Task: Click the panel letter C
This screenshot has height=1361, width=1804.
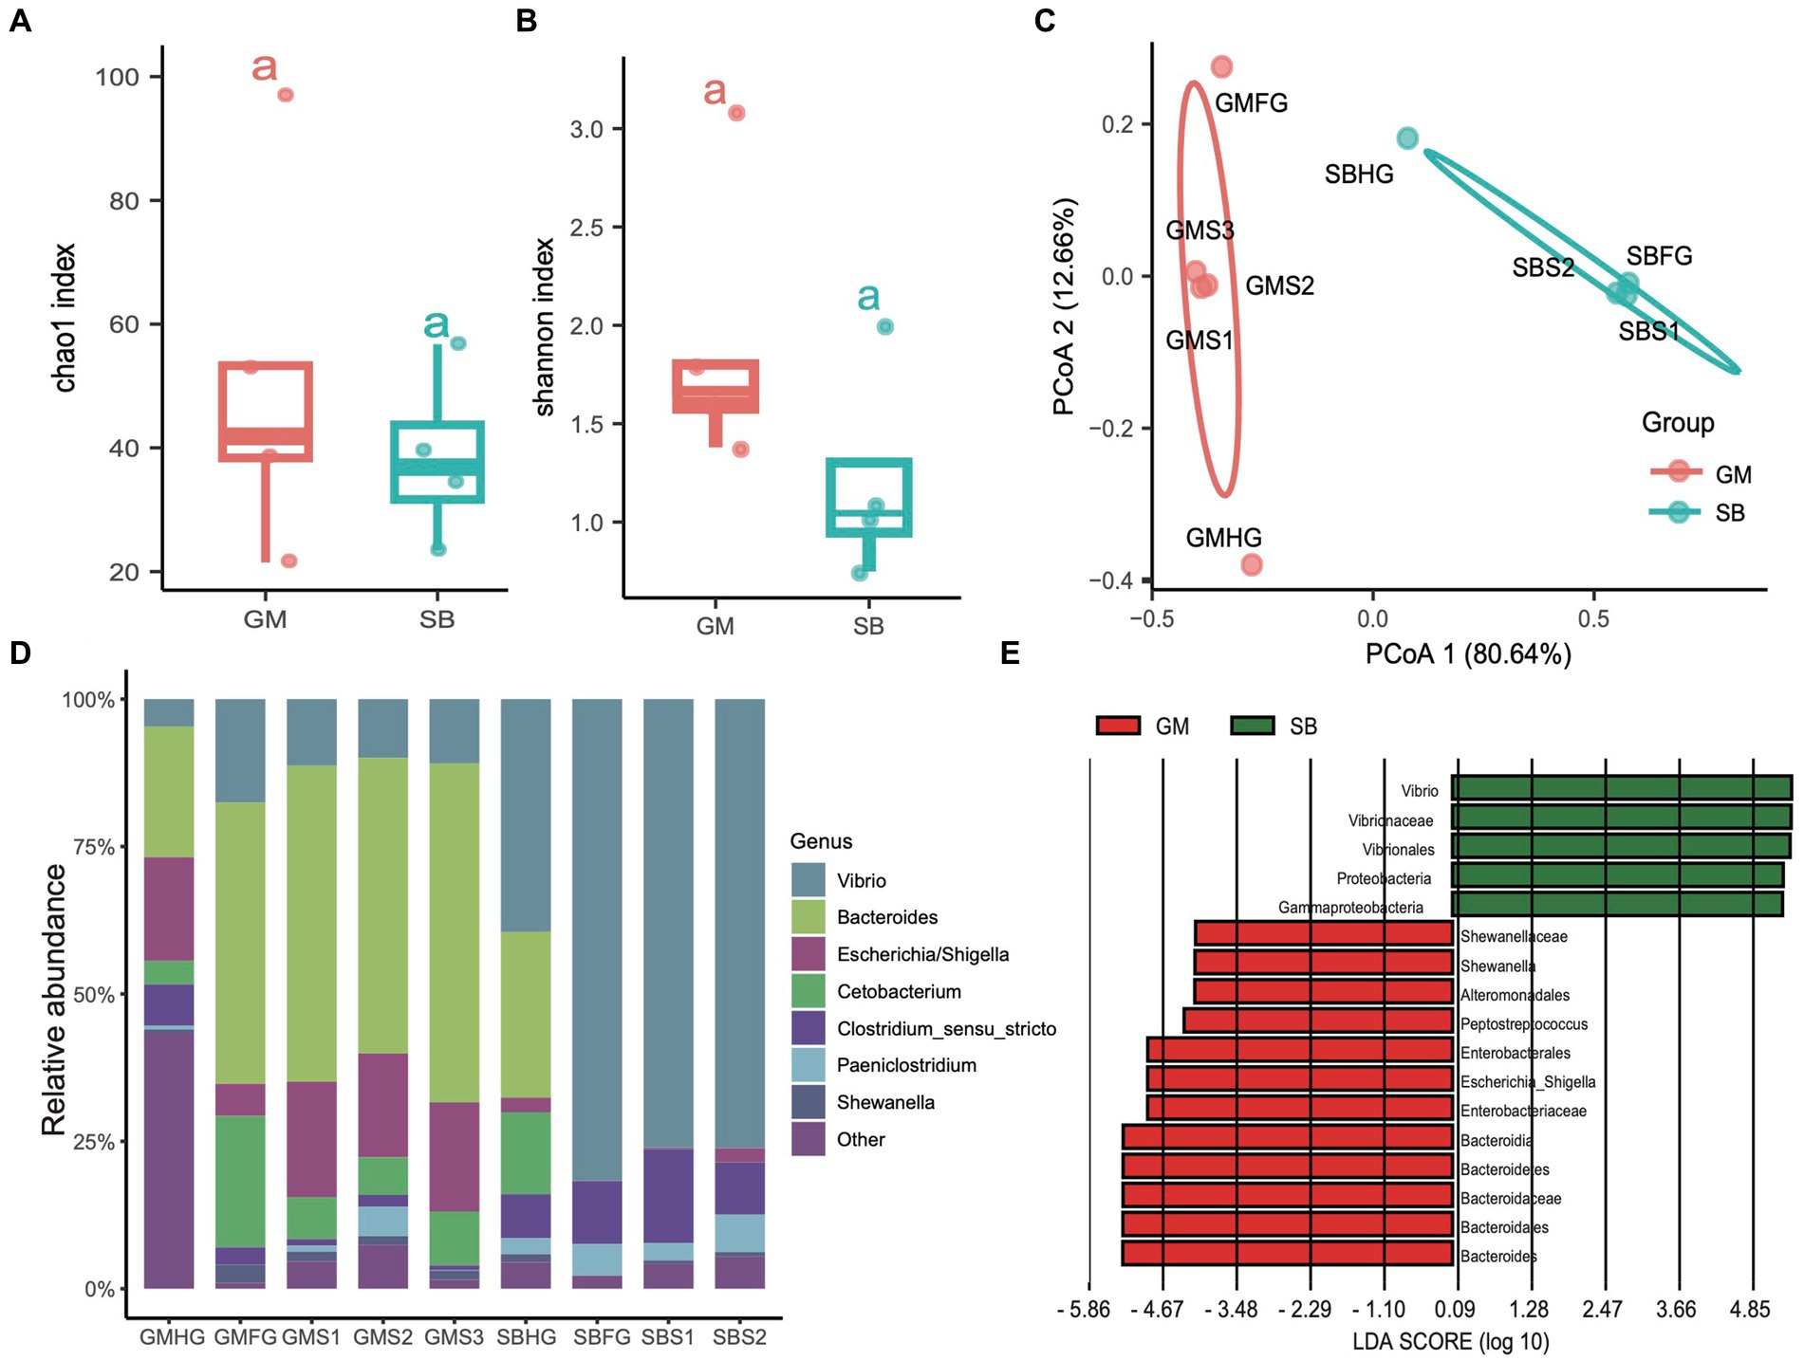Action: [x=1045, y=20]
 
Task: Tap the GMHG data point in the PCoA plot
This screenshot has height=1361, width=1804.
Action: [x=1252, y=565]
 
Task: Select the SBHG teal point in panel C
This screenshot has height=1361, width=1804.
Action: [x=1407, y=138]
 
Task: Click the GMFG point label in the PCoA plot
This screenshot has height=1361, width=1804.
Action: [x=1251, y=103]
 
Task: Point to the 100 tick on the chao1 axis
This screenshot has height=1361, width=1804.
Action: [x=117, y=77]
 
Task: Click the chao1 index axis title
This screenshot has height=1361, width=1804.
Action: [x=65, y=318]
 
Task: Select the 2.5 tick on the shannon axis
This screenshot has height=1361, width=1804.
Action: [x=586, y=228]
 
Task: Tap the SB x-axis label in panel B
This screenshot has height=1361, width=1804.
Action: [x=868, y=626]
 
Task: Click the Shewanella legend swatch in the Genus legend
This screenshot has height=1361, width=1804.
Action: [x=808, y=1102]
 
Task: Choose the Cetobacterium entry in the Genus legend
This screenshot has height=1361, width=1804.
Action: [x=899, y=992]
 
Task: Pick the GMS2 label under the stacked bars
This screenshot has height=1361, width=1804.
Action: [x=383, y=1337]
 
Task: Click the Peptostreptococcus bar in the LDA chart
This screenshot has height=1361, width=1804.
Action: [x=1318, y=1021]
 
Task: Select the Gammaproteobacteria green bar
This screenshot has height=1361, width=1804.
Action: [x=1617, y=904]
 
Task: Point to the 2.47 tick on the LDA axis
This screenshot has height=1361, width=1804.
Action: [x=1602, y=1310]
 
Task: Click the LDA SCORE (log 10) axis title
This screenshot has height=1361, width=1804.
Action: [x=1450, y=1342]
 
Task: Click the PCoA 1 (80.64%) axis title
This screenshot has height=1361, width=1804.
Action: [x=1468, y=654]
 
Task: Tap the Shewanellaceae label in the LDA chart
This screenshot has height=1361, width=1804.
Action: [x=1514, y=937]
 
